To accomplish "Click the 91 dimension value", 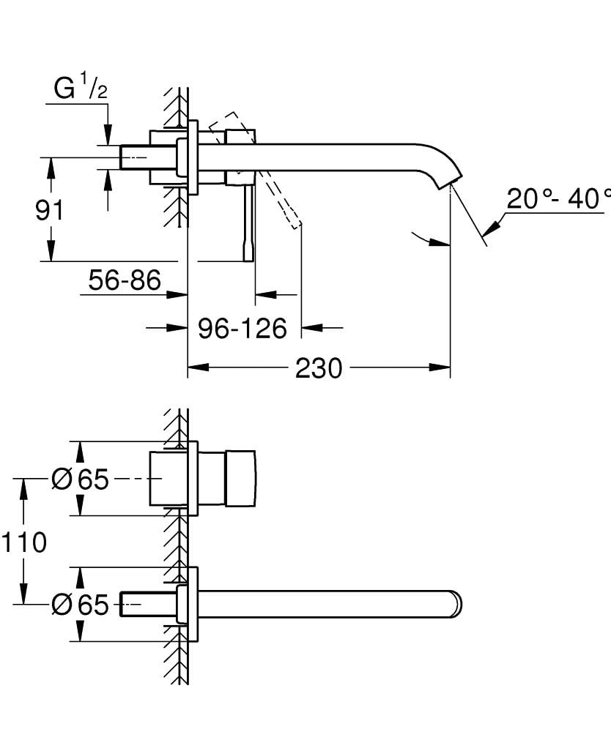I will click(50, 210).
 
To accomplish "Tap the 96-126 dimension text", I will click(242, 329).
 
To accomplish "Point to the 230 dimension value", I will click(319, 368).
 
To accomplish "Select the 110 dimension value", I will click(24, 542).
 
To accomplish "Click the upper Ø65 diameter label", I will click(81, 480).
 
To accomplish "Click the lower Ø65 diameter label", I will click(81, 605).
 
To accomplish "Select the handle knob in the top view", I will click(241, 479).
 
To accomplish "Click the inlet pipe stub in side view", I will click(147, 156).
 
